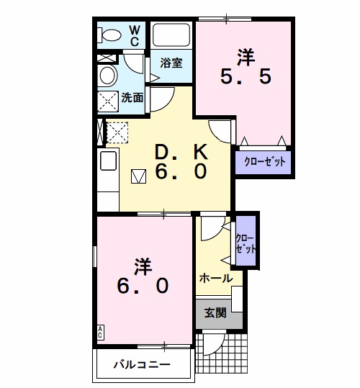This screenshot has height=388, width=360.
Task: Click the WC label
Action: click(x=135, y=36)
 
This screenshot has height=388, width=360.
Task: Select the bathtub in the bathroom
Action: click(x=171, y=35)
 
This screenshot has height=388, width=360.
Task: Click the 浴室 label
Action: click(x=171, y=63)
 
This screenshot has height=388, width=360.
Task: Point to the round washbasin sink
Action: click(x=108, y=75)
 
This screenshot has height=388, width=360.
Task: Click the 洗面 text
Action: click(x=132, y=98)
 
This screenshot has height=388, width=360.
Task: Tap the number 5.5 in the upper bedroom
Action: click(x=246, y=76)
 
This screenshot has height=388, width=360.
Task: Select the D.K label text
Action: click(x=181, y=152)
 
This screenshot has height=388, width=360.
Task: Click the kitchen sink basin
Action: click(x=108, y=161)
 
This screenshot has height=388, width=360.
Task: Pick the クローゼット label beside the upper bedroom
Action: click(x=264, y=162)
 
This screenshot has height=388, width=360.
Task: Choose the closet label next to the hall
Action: click(x=246, y=244)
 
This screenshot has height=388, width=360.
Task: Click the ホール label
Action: click(x=216, y=279)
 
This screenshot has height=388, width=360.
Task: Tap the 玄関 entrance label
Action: click(x=215, y=313)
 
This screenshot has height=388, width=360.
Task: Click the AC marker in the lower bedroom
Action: click(x=100, y=333)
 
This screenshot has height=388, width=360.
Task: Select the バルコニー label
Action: click(x=142, y=364)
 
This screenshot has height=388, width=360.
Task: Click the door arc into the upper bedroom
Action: click(x=217, y=135)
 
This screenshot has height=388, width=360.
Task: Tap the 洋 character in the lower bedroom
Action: click(x=143, y=267)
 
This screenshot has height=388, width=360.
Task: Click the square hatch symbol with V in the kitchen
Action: click(x=138, y=176)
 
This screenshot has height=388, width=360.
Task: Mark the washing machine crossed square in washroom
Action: click(x=108, y=101)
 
